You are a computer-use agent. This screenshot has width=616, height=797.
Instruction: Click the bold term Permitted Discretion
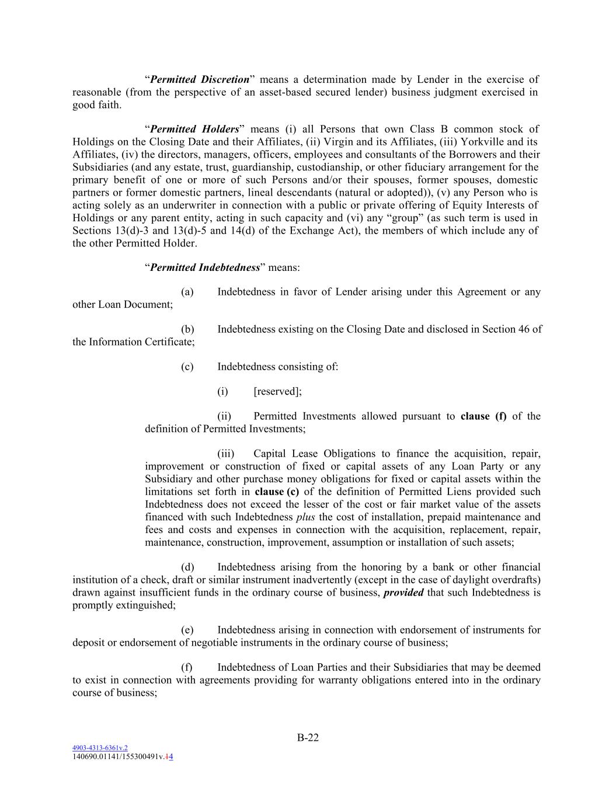tap(200, 79)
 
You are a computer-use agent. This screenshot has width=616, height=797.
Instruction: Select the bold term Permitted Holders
tap(194, 129)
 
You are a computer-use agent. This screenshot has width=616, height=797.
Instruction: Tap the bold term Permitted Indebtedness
tap(204, 267)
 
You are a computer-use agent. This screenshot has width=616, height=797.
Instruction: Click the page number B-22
tap(308, 737)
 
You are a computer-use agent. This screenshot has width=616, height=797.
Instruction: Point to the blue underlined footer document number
tap(100, 747)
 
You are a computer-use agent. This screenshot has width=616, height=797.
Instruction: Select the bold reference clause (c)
tap(277, 492)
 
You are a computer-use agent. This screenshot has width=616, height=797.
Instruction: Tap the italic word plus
tap(305, 517)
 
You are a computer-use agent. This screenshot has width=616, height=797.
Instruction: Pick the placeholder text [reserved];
tap(277, 391)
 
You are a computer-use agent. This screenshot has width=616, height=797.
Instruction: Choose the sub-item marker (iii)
tap(225, 454)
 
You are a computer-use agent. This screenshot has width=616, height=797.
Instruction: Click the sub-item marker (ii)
tap(224, 416)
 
